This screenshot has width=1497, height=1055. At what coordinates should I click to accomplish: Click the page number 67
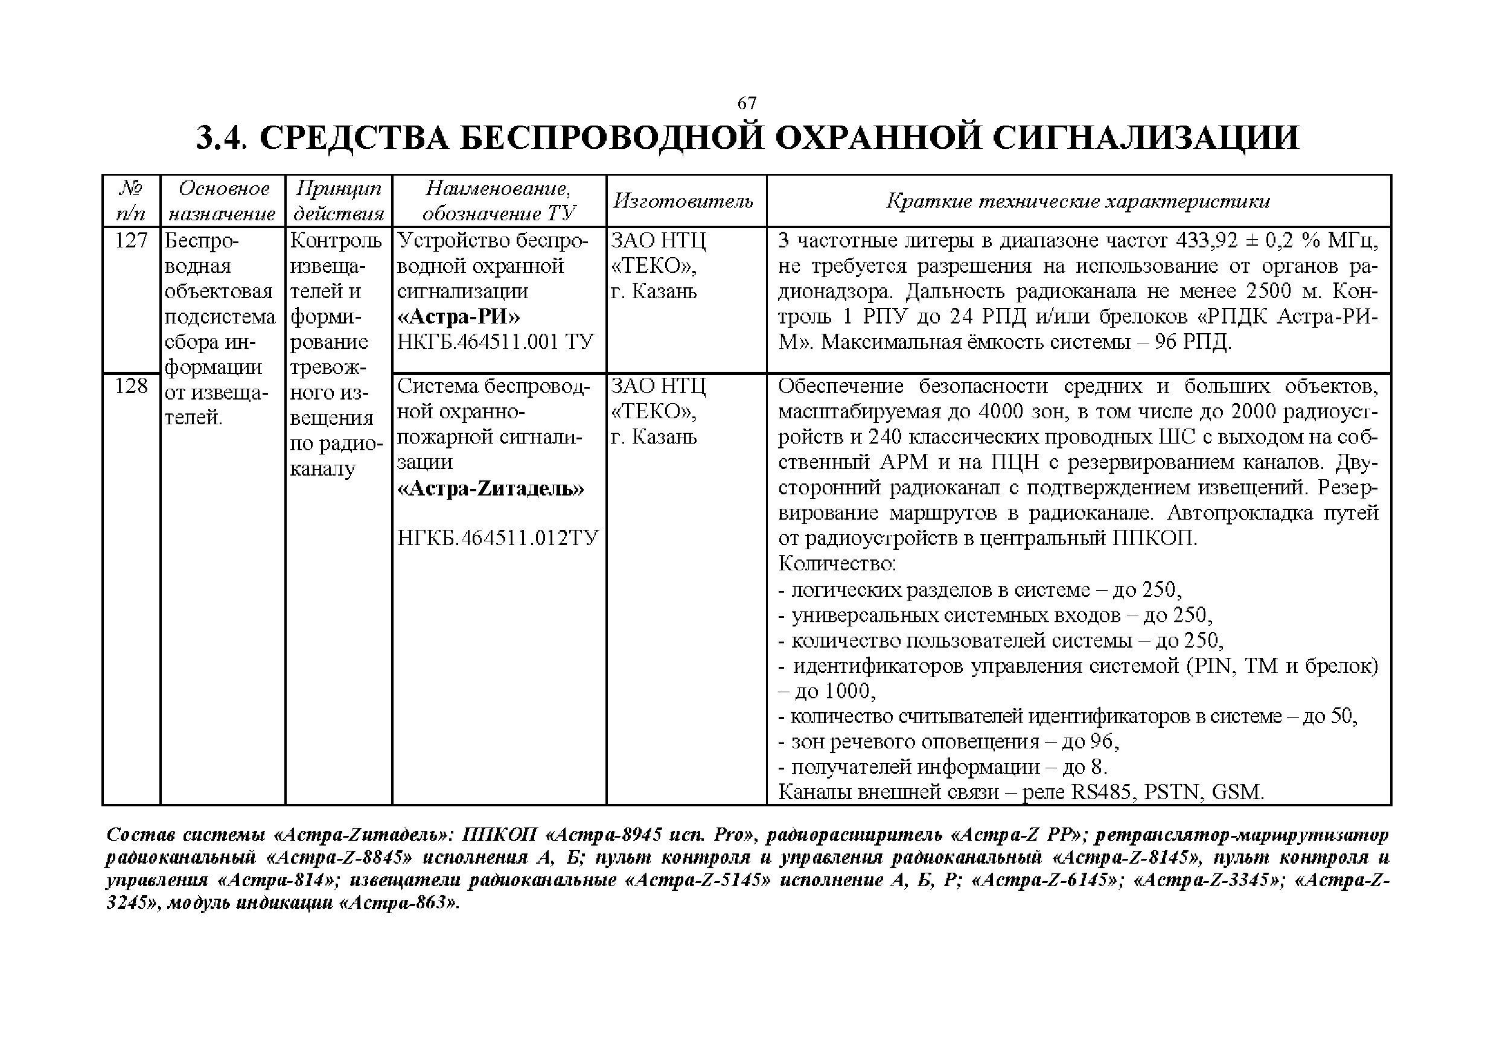(x=747, y=103)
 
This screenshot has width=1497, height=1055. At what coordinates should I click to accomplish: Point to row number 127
(x=131, y=241)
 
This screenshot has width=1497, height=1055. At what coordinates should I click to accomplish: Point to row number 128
(x=131, y=386)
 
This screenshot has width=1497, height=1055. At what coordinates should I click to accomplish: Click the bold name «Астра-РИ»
(x=459, y=317)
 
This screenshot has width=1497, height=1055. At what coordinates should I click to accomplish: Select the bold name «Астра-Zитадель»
(x=490, y=488)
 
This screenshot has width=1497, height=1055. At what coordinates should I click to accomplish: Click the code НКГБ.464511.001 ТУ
(x=496, y=342)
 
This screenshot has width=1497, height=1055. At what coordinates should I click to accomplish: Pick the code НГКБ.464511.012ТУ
(x=497, y=538)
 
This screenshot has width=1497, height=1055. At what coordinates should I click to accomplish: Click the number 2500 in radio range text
(x=1268, y=292)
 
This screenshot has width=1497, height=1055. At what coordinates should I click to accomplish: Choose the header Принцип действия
(x=339, y=201)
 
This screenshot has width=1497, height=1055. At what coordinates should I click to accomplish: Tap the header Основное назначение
(x=223, y=201)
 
